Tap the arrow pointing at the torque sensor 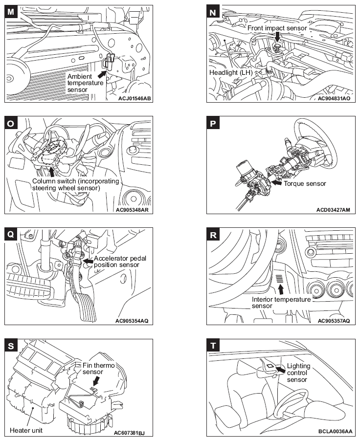pos(276,184)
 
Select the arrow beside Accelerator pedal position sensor pos(88,262)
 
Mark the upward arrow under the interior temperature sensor pos(281,289)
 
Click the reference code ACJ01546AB pos(135,98)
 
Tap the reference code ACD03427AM pos(333,210)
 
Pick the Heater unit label pos(25,431)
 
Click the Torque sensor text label pos(305,184)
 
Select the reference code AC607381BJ pos(133,432)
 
